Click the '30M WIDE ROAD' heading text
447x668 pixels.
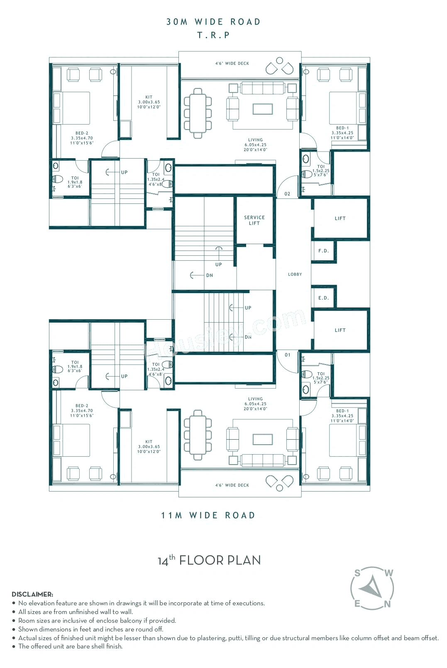click(x=213, y=22)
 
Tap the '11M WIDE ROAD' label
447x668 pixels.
click(x=208, y=515)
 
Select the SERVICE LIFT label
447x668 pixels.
click(x=254, y=220)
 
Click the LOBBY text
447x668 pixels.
click(x=295, y=274)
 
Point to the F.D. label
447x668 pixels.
click(x=323, y=251)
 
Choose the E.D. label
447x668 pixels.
click(x=323, y=298)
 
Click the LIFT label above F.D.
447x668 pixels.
click(x=340, y=218)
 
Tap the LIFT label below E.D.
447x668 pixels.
click(x=340, y=330)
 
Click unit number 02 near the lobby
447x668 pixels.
click(x=287, y=194)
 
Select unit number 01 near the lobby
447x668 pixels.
click(x=287, y=355)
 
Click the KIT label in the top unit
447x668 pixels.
click(x=149, y=97)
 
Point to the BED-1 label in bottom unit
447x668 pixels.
click(x=342, y=411)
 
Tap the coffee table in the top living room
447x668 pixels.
click(x=263, y=109)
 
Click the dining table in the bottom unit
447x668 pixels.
click(x=198, y=435)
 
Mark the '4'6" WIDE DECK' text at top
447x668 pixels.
click(x=232, y=64)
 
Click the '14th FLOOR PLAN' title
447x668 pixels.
click(x=209, y=560)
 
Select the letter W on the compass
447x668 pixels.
click(x=389, y=573)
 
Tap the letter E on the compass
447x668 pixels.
click(x=357, y=604)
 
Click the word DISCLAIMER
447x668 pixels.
click(x=32, y=594)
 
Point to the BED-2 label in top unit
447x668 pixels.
click(x=82, y=133)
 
